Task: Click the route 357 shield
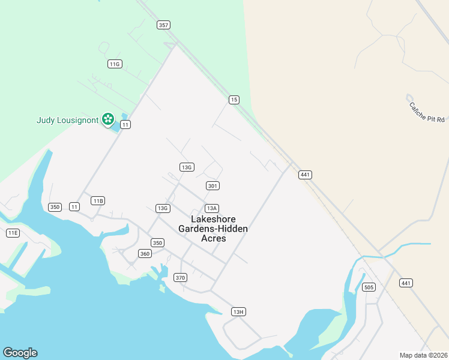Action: click(x=163, y=25)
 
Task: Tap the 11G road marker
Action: click(x=115, y=64)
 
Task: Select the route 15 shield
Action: click(x=234, y=100)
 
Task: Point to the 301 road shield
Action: click(x=212, y=186)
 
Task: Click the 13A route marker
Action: click(x=211, y=208)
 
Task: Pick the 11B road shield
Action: click(x=98, y=200)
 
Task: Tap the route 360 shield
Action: click(x=145, y=254)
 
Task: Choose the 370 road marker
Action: click(x=180, y=277)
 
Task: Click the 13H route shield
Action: click(x=239, y=311)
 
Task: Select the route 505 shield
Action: click(x=369, y=287)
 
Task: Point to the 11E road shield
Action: click(x=13, y=233)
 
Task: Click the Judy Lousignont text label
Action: click(x=67, y=120)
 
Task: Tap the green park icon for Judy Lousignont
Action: click(x=108, y=119)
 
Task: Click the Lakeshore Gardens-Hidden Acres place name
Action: click(x=213, y=229)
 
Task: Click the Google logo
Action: click(x=20, y=353)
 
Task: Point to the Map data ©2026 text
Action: click(x=423, y=355)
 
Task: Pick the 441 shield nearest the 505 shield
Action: click(x=406, y=283)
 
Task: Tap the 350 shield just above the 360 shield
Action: click(x=157, y=243)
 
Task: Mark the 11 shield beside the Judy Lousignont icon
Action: click(x=125, y=124)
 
